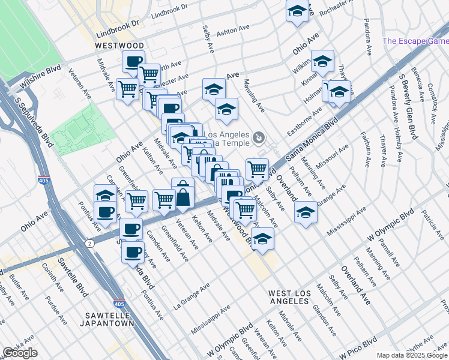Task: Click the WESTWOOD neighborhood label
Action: coord(119,46)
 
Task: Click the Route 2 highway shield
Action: coord(89,243)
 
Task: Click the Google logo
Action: coord(20,353)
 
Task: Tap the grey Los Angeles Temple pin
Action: coord(259,139)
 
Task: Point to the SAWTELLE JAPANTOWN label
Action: coord(107,319)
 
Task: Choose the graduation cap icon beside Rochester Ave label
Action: coord(297,11)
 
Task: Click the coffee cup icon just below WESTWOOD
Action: coord(133,61)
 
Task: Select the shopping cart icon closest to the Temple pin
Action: coord(257,168)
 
